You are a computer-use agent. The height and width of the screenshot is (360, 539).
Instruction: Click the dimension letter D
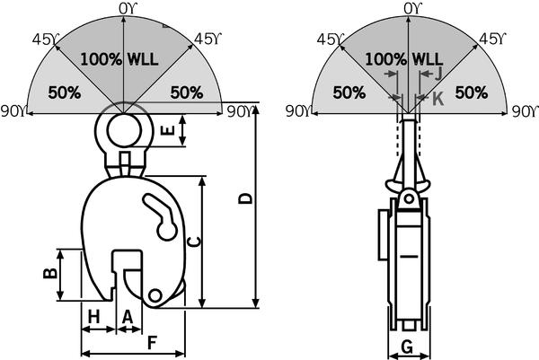point(246,199)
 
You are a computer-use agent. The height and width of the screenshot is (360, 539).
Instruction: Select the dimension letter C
point(193,241)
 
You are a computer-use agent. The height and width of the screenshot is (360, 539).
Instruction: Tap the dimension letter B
point(50,273)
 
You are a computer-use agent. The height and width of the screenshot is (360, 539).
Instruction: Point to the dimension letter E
point(169,130)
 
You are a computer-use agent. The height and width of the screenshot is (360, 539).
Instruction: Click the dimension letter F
point(152,342)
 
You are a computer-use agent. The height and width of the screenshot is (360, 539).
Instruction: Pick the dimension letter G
point(407,347)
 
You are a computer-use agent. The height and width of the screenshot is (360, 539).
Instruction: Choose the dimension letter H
point(93,316)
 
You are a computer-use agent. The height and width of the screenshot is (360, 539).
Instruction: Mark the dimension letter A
point(128,316)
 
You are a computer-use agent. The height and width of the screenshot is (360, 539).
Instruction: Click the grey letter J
point(438,75)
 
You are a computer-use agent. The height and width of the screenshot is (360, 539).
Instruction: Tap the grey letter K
point(438,99)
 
